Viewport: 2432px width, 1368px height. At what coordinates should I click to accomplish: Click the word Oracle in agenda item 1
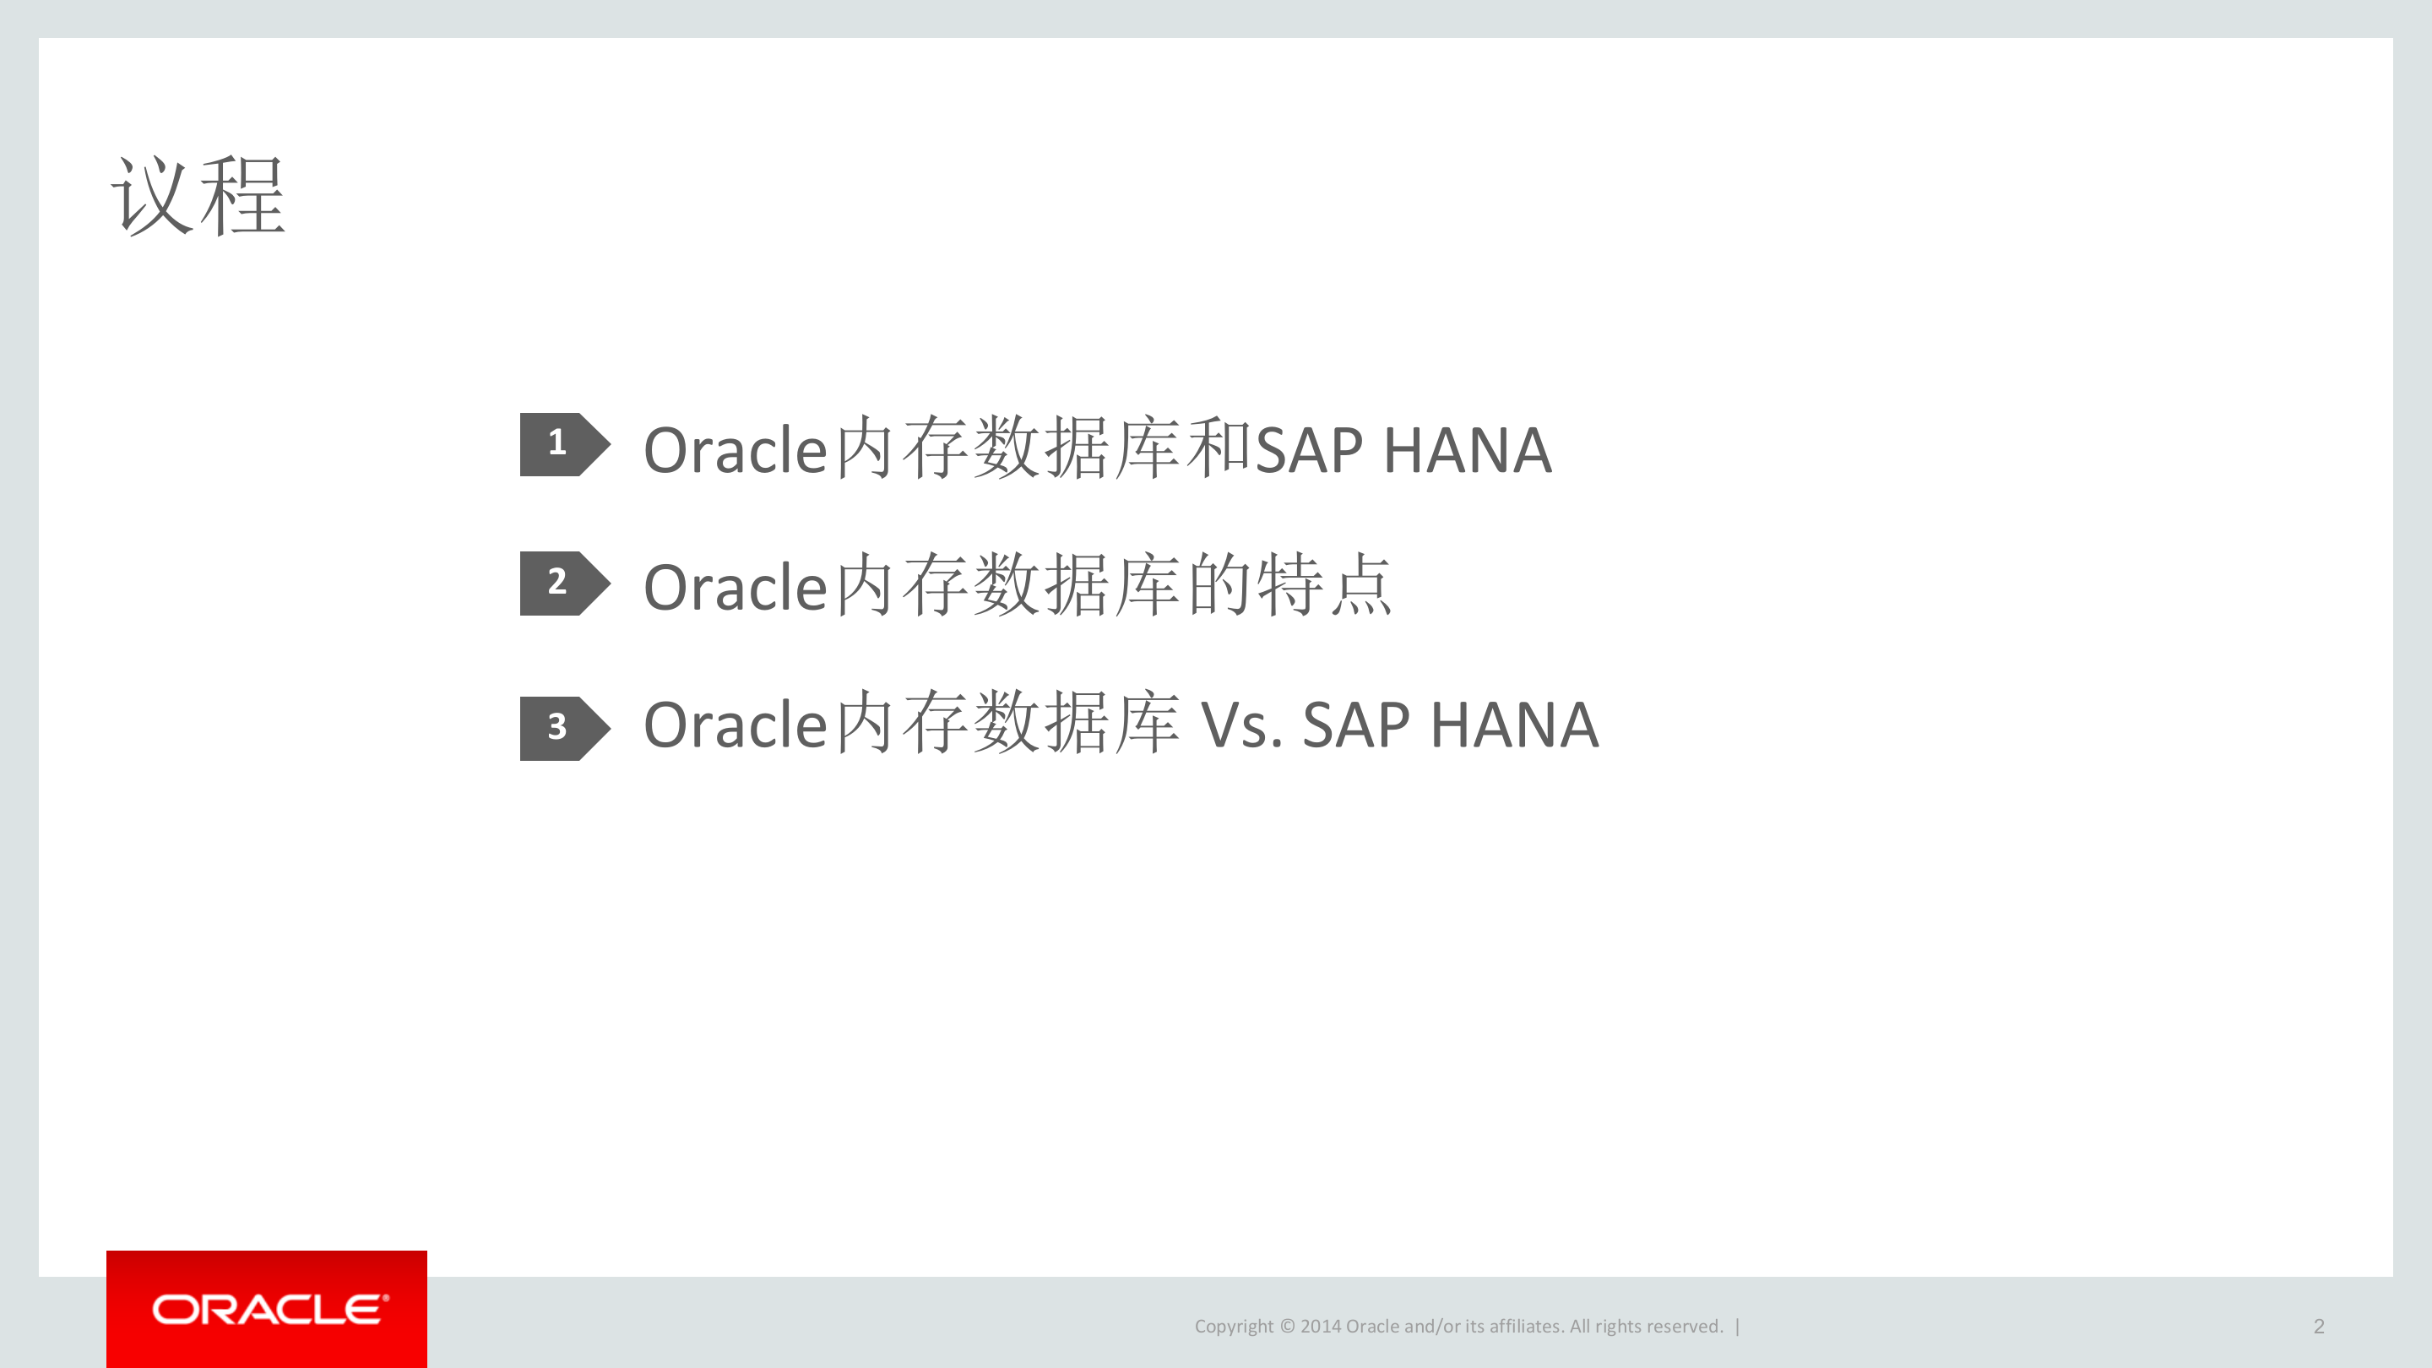(736, 451)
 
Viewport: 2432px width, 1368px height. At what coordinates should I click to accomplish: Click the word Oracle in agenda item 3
(736, 727)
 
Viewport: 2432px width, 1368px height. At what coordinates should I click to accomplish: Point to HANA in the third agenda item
(1514, 727)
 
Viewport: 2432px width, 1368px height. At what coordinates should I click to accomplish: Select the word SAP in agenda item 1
(1309, 451)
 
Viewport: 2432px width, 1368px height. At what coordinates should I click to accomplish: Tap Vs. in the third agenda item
(1240, 727)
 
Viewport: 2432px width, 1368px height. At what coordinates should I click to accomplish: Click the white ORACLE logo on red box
(269, 1310)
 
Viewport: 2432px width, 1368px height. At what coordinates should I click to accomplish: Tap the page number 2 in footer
(2318, 1327)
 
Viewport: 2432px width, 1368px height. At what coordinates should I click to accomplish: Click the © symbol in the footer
(1287, 1327)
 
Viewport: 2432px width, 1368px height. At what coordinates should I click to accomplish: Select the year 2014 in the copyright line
(1320, 1327)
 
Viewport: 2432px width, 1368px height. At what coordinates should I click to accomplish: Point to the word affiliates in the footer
(1525, 1327)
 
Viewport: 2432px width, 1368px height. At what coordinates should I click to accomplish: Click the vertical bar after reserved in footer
(1737, 1327)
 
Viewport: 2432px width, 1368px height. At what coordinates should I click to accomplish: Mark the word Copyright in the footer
(1234, 1327)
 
